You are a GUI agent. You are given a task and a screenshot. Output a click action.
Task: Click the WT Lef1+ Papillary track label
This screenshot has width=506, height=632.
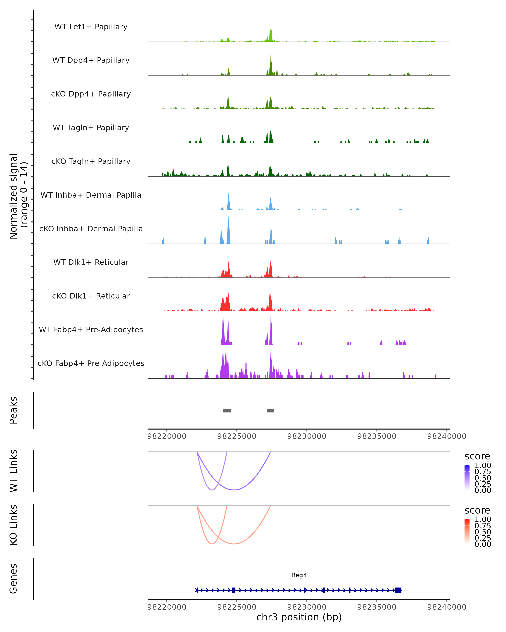tap(91, 27)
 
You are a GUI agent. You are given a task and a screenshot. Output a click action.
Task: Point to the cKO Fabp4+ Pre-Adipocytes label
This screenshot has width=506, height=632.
tap(91, 363)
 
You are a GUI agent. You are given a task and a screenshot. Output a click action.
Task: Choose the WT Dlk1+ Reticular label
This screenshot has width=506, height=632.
tap(91, 262)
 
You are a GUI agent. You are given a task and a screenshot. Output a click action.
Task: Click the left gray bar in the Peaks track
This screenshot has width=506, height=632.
tap(227, 410)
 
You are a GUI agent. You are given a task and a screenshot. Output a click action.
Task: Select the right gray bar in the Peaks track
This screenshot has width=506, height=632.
tap(270, 410)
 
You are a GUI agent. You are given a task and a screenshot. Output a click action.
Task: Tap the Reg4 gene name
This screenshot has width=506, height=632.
tap(299, 575)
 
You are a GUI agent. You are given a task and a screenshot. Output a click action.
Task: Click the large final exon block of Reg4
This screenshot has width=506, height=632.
tap(398, 590)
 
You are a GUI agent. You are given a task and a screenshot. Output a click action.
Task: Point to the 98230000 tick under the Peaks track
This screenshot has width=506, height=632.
tap(307, 436)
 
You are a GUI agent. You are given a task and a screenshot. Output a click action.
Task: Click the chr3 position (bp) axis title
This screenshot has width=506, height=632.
tap(299, 617)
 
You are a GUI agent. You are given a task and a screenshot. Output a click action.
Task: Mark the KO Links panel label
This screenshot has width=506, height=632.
tap(13, 525)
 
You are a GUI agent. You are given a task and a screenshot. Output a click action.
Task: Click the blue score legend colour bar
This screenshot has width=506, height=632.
tap(467, 478)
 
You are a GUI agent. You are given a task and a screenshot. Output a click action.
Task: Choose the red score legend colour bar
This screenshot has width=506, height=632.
tap(467, 532)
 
